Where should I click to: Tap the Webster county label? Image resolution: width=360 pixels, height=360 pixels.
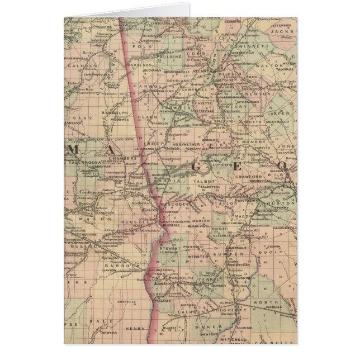[x=198, y=257]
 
